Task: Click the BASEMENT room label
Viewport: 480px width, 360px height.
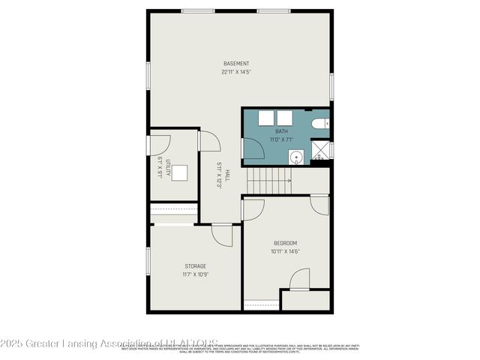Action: point(236,63)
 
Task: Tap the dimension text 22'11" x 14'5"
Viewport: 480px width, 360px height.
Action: point(236,73)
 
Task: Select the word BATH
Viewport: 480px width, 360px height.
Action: point(280,132)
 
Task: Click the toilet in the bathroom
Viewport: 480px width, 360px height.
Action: point(319,123)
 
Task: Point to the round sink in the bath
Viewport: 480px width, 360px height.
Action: point(296,157)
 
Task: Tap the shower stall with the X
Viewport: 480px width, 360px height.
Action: point(321,150)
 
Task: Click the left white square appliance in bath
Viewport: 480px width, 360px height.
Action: point(265,118)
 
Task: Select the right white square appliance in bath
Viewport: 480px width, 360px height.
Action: point(284,118)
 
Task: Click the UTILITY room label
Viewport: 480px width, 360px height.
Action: point(169,168)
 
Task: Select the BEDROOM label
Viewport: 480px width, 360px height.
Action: point(285,243)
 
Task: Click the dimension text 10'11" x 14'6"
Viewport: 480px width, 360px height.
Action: point(285,252)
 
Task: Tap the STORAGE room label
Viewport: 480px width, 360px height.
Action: point(196,266)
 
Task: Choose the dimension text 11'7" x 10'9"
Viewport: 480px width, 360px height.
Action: point(196,275)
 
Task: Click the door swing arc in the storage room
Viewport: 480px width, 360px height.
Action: point(223,235)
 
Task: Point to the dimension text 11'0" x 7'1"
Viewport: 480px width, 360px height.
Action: point(280,140)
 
